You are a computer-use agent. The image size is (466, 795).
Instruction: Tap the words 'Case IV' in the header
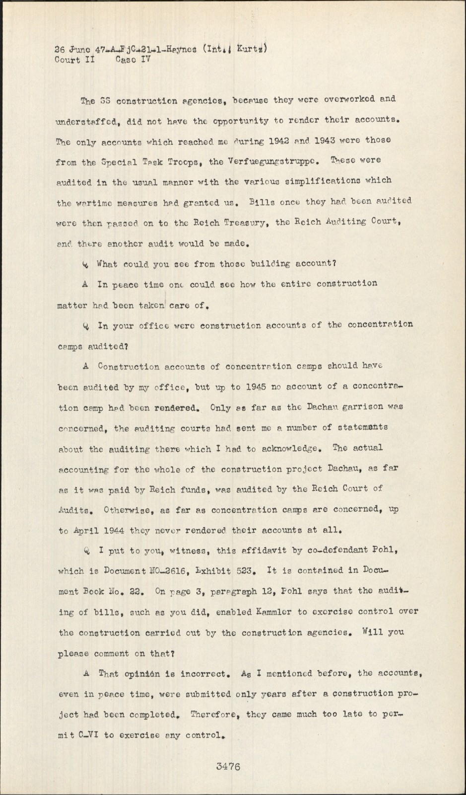coord(133,60)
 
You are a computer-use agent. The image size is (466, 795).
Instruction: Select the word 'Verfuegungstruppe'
coord(271,160)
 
